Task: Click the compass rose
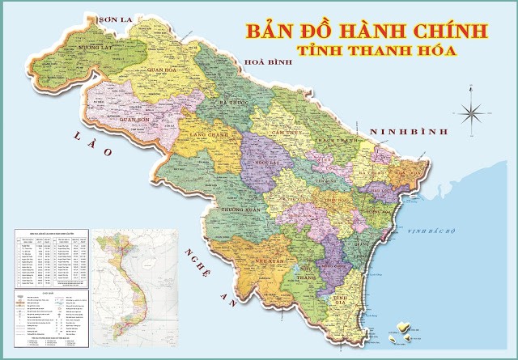pos(471,112)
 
